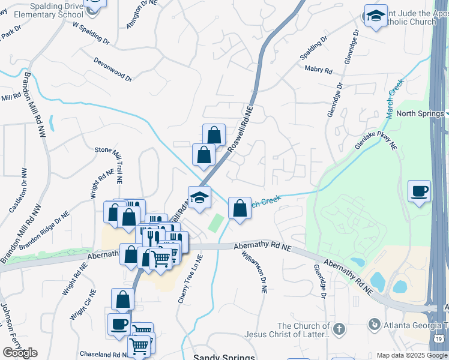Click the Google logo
[x=20, y=353]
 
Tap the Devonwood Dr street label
[x=112, y=68]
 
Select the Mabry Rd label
[x=318, y=70]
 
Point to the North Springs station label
[x=419, y=113]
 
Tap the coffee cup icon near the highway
[x=419, y=191]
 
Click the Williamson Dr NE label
[x=262, y=272]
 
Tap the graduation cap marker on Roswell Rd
[x=199, y=196]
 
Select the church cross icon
[x=339, y=329]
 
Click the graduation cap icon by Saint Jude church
[x=376, y=16]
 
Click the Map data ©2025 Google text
[x=411, y=355]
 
